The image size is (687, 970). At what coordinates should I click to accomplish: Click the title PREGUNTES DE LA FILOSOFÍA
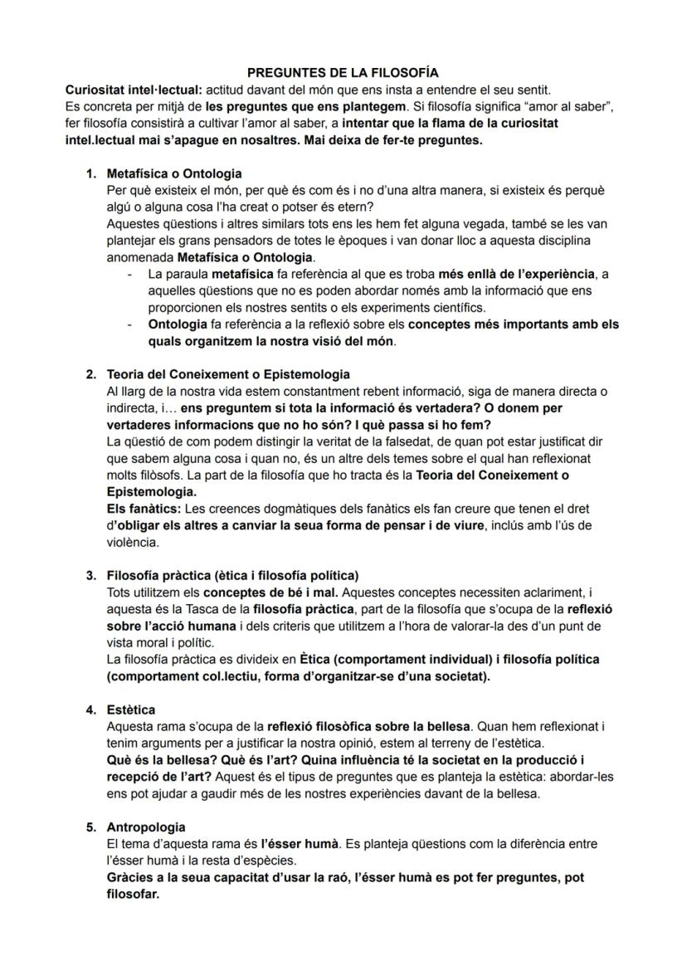click(343, 73)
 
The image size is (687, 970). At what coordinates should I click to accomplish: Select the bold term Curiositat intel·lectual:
click(133, 90)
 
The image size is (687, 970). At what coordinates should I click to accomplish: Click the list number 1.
click(90, 173)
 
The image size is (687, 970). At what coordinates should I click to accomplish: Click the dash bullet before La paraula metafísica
click(129, 274)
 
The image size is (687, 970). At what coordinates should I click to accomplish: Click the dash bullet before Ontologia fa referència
click(129, 324)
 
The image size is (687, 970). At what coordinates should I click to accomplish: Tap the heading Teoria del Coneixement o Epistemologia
click(228, 374)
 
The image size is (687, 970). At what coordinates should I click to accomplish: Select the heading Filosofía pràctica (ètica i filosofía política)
click(232, 575)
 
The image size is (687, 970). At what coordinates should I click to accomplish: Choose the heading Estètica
click(131, 709)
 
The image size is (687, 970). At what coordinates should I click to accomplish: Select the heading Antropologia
click(146, 827)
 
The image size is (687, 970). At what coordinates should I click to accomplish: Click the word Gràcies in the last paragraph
click(131, 877)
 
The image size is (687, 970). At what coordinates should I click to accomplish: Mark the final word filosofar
click(133, 894)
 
